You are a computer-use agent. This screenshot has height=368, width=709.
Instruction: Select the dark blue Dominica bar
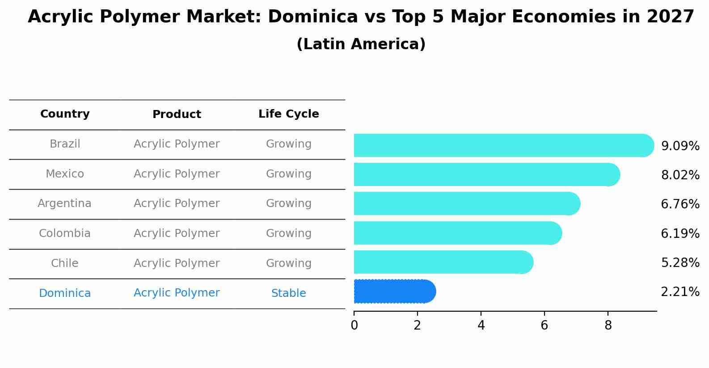393,292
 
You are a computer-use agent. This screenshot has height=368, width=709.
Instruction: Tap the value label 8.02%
680,175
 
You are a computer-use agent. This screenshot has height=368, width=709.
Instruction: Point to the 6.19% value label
680,234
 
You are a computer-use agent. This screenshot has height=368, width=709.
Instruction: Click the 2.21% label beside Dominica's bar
680,292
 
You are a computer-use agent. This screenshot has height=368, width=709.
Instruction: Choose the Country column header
65,114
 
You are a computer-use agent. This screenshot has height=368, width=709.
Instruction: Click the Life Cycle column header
288,114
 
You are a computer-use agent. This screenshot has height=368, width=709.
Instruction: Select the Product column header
177,114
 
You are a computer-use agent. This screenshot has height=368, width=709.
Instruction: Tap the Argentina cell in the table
64,203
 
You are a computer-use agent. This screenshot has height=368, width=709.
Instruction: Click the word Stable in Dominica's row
288,293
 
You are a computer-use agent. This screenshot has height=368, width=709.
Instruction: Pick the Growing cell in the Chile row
288,263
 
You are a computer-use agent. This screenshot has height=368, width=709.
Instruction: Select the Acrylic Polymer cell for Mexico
177,174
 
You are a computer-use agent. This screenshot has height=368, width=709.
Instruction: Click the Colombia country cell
64,233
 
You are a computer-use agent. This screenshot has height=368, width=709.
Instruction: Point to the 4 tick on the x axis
481,326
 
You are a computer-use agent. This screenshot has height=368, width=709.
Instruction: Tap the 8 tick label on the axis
608,326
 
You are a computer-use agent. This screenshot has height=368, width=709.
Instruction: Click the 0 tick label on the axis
354,326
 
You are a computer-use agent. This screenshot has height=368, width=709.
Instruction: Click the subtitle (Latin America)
361,44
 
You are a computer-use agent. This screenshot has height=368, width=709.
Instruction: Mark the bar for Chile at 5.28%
443,262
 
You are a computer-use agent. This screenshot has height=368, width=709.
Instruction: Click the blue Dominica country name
64,293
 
